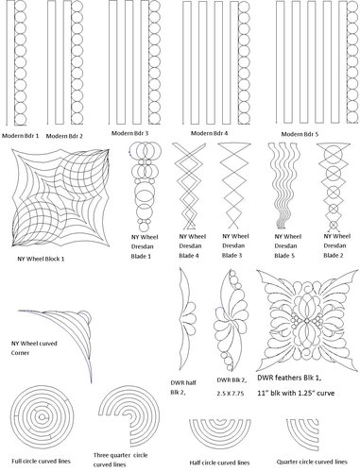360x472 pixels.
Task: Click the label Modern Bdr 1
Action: (20, 136)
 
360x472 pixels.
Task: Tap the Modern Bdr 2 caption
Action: (64, 136)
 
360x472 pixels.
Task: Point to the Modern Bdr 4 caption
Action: (210, 133)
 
